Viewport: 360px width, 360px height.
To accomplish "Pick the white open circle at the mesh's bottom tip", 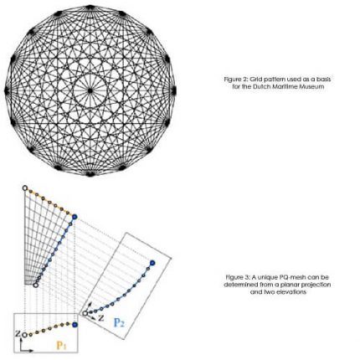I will pyautogui.click(x=36, y=285).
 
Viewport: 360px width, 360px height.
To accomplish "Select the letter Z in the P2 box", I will pyautogui.click(x=101, y=319).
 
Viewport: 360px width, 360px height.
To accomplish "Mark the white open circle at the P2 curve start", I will pyautogui.click(x=85, y=313).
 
